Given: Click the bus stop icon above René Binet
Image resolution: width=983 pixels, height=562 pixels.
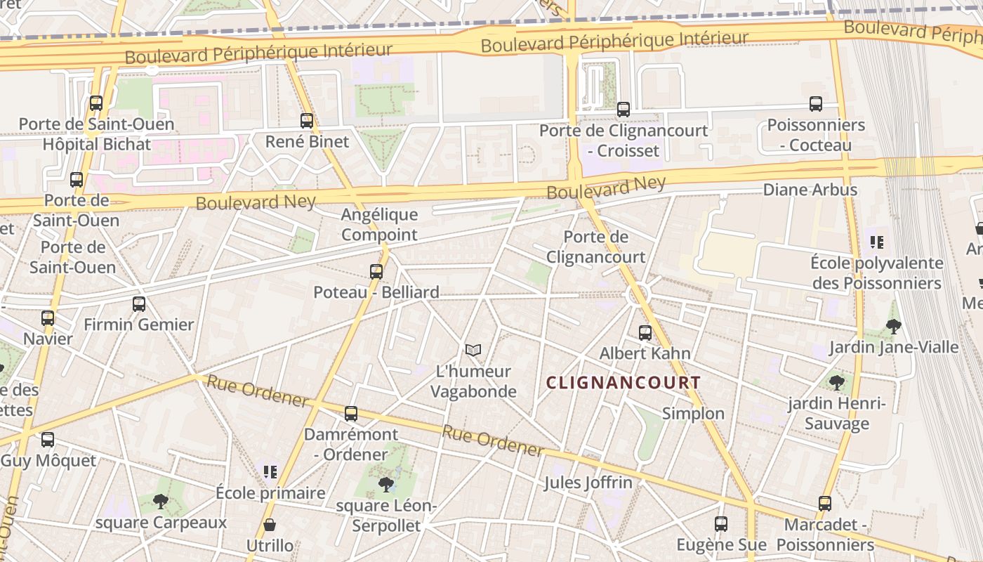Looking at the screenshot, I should pos(306,120).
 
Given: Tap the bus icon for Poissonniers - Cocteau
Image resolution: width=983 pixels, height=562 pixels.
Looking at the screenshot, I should pos(815,104).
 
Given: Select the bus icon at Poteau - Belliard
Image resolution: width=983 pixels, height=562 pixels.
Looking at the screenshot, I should pos(376,271).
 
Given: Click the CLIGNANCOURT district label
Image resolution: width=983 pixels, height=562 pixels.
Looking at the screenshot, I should pos(624,383).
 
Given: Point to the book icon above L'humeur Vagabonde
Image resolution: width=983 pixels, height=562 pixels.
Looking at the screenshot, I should pos(473,350).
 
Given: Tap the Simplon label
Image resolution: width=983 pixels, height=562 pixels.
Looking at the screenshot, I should pos(693,413).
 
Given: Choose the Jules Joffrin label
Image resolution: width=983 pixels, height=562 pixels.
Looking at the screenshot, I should pos(588,483).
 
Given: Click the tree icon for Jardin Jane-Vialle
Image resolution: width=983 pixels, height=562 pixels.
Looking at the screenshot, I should pos(893,326).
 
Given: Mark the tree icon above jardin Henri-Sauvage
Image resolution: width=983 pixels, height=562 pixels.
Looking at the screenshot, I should pos(836,382).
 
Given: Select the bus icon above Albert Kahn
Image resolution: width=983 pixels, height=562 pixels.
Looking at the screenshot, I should pos(645,332).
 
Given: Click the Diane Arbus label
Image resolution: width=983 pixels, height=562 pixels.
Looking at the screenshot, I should pos(810,190).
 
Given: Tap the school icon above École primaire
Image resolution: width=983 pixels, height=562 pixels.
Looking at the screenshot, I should pos(270,471).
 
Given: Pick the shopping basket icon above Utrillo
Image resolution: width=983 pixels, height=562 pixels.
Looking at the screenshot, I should pos(270,525).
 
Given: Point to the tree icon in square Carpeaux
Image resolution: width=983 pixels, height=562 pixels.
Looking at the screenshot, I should pos(161,502).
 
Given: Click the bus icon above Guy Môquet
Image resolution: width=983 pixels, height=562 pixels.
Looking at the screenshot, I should pos(48,440).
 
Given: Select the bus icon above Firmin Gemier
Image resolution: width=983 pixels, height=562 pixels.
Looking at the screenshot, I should pos(139,303).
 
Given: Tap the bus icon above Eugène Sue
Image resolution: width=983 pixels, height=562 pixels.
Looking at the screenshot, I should pos(721,523).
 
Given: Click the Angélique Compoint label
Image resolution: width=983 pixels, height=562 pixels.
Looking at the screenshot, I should pos(379,225).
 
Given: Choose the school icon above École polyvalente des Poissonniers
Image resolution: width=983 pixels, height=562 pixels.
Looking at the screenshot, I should pos(876,242).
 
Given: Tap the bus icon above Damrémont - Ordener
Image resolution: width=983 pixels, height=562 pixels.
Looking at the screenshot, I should pos(350,413).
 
